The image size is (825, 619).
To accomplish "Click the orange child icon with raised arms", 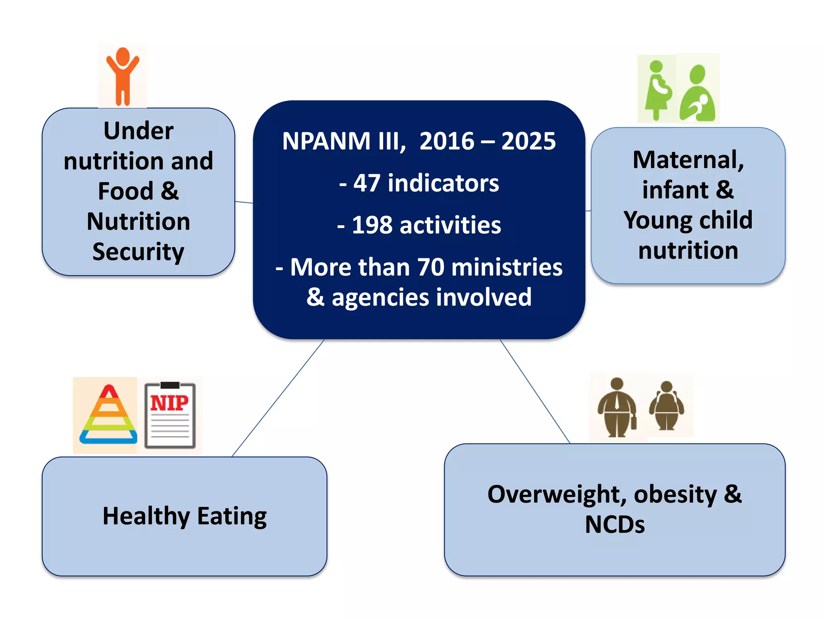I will click(x=122, y=77).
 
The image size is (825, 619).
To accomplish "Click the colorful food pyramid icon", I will click(x=108, y=415).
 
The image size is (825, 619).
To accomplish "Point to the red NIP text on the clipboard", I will click(x=169, y=403).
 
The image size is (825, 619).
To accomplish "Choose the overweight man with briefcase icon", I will click(x=617, y=408).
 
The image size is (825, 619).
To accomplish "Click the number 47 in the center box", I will click(x=367, y=183).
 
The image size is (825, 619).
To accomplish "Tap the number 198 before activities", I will click(x=372, y=225).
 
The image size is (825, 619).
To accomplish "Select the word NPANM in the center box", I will click(x=326, y=141).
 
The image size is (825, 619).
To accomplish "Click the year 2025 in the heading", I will click(x=529, y=141).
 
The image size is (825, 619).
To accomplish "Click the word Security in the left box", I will click(x=138, y=252).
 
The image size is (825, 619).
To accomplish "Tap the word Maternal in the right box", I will click(x=688, y=160).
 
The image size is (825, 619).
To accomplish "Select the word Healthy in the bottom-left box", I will click(x=146, y=517).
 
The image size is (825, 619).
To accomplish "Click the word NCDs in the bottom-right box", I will click(x=615, y=525).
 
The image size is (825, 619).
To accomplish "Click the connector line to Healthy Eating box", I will click(x=278, y=398).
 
